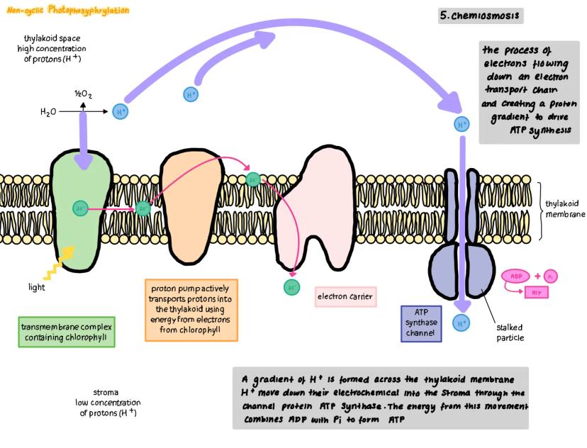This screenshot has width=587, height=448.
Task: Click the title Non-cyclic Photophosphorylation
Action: click(x=68, y=11)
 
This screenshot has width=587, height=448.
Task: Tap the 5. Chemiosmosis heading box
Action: click(x=481, y=15)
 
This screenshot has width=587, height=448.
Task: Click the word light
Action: click(x=36, y=288)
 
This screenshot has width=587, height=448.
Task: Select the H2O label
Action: click(x=48, y=112)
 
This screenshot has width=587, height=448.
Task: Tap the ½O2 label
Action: click(x=84, y=93)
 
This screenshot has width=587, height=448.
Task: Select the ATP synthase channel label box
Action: click(x=421, y=323)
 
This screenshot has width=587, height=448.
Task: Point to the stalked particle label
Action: click(x=510, y=332)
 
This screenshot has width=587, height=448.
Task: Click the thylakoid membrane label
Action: click(x=565, y=209)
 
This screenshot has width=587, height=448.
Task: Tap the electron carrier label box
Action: click(x=345, y=296)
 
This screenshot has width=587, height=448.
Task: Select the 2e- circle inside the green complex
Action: click(x=80, y=208)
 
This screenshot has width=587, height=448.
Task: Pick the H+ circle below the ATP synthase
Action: click(x=462, y=323)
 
